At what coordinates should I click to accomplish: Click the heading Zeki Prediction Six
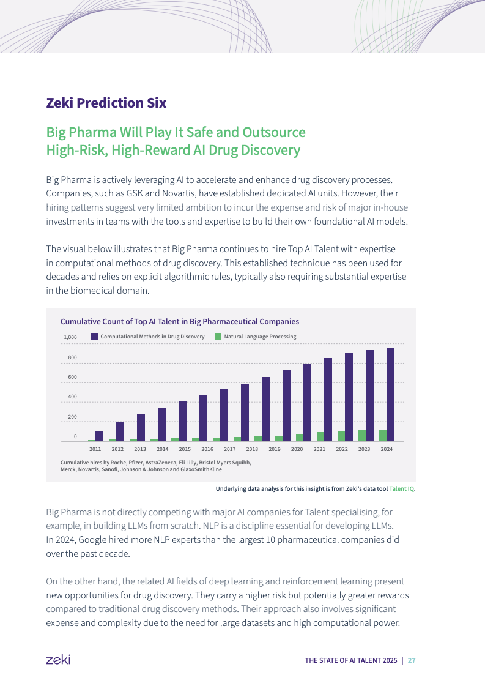click(x=106, y=103)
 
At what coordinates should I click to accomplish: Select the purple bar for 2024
click(x=390, y=395)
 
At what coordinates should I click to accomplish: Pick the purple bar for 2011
click(x=99, y=436)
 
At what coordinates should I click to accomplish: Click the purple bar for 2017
click(x=224, y=415)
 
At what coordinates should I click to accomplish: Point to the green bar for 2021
click(x=320, y=436)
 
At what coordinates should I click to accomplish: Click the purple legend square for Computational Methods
click(x=95, y=337)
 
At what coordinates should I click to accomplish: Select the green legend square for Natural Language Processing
click(x=218, y=337)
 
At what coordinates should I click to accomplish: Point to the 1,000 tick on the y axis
click(x=70, y=337)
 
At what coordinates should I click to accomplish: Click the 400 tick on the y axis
click(x=72, y=397)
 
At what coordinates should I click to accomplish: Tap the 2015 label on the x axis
click(x=185, y=449)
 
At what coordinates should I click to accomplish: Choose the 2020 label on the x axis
click(x=297, y=449)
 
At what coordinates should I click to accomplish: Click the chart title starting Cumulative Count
click(x=179, y=321)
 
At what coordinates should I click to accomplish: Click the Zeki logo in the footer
click(x=58, y=660)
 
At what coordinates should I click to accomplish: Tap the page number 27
click(x=412, y=660)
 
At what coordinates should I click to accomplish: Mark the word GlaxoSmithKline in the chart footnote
click(x=199, y=469)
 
